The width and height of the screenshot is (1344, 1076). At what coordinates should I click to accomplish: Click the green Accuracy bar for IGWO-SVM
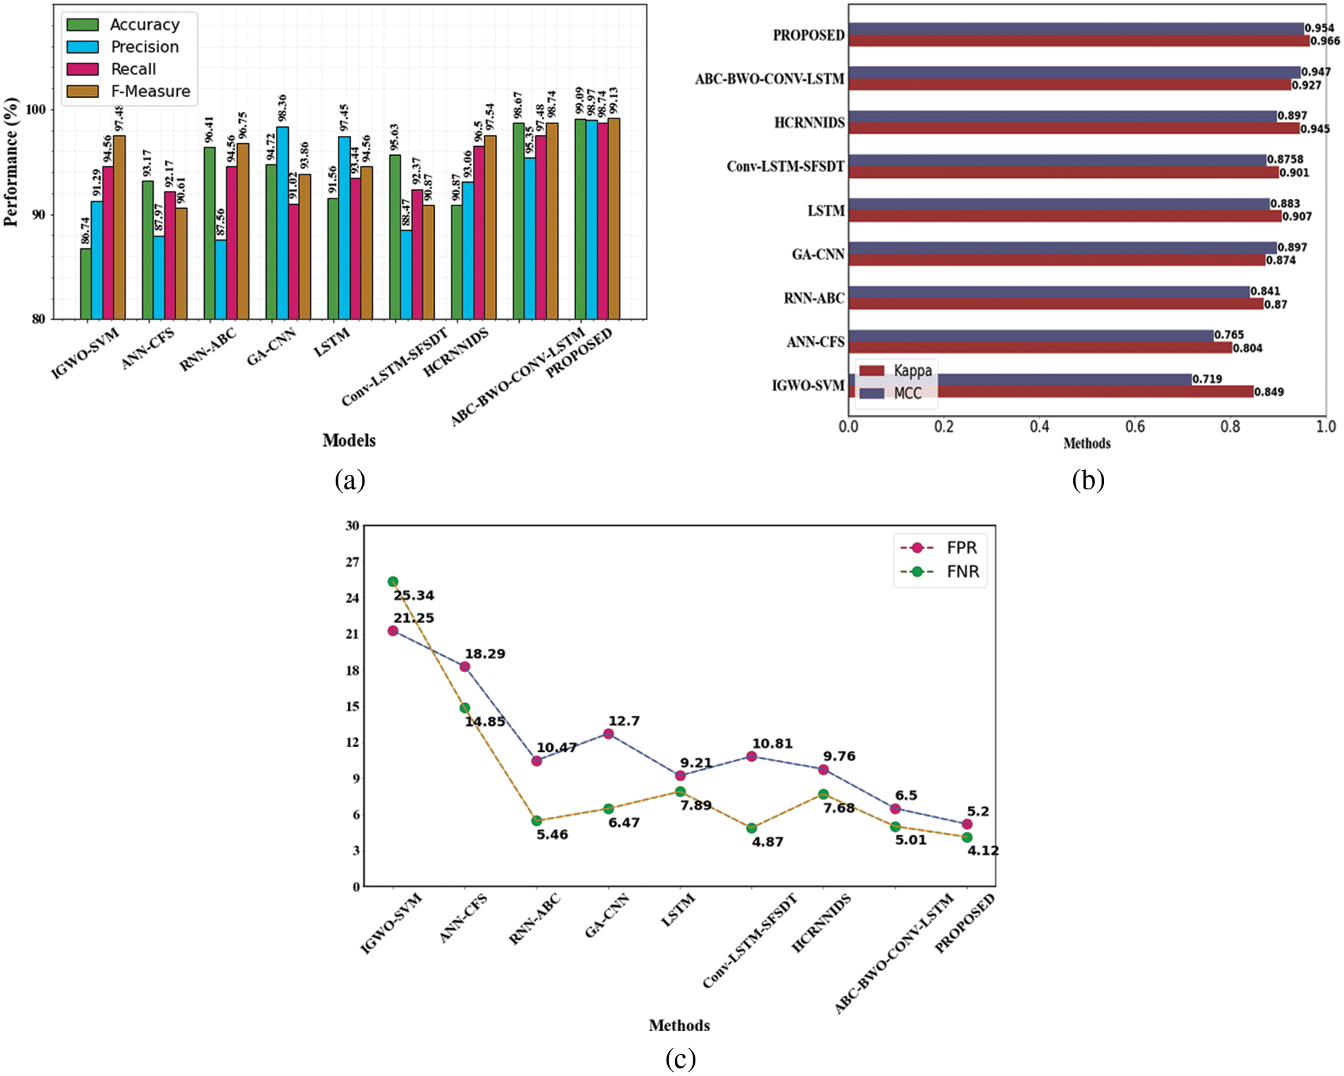(85, 283)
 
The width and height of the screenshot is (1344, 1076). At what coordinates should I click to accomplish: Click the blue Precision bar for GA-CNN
(283, 223)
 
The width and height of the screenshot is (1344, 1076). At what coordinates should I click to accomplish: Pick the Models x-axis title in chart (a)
(349, 440)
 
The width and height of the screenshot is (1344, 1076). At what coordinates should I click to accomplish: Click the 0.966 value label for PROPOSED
(1325, 41)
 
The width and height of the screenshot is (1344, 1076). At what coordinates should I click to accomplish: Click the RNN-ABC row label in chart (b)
(813, 298)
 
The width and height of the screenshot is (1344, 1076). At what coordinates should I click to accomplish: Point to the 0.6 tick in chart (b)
(1135, 427)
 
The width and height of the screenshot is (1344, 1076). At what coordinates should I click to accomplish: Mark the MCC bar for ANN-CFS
(1030, 336)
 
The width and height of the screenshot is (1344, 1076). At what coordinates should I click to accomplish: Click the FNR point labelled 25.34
(393, 582)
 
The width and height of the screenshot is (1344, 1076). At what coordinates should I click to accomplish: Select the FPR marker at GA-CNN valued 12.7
(609, 733)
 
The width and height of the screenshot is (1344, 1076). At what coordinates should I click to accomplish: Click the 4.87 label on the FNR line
(767, 842)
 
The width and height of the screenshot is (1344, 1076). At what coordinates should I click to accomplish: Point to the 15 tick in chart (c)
(352, 706)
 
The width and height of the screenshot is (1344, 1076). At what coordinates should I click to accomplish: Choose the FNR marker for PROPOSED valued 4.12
(967, 838)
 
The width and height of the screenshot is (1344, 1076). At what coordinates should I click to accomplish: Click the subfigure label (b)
(1088, 480)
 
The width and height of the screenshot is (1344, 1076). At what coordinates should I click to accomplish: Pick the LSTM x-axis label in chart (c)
(678, 911)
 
